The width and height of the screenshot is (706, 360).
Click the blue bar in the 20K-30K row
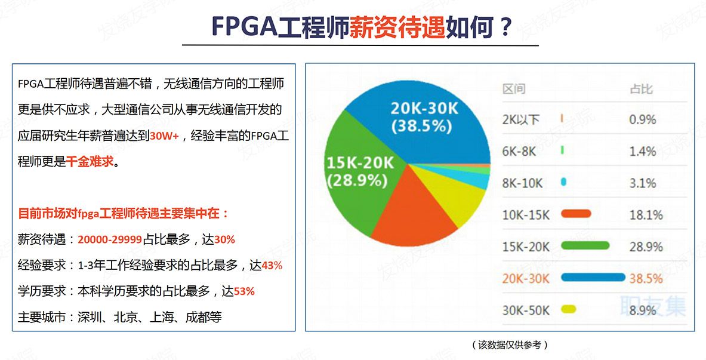593,278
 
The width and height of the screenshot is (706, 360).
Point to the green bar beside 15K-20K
585,245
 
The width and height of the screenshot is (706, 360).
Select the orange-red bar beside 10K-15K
576,214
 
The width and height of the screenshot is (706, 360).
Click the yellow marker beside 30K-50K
569,309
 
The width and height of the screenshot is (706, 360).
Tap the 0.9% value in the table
642,119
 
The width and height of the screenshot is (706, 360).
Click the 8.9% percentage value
643,310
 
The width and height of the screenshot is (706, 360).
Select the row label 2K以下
520,120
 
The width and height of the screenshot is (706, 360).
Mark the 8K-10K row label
522,183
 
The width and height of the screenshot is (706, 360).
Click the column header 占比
641,90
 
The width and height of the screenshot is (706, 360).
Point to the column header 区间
514,90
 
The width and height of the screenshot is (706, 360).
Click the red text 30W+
164,136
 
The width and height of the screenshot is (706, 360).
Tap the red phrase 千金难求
90,162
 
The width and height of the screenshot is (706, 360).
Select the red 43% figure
272,266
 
